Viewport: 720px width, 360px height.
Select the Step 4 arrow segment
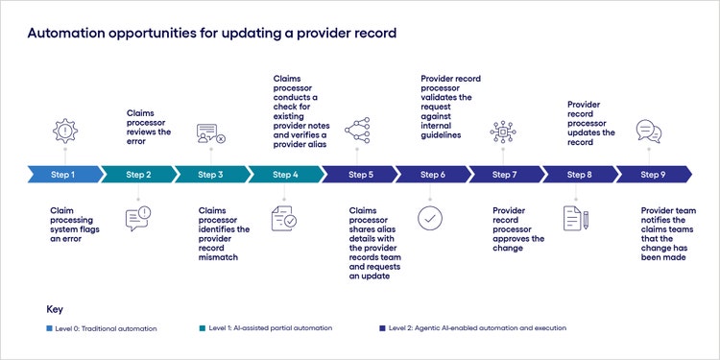[285, 175]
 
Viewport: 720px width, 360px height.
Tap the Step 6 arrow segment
[432, 175]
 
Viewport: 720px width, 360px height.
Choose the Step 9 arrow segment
[653, 175]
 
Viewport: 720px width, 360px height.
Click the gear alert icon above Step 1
[63, 132]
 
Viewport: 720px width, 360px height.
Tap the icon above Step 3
[210, 134]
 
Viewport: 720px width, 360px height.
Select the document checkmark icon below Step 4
[285, 218]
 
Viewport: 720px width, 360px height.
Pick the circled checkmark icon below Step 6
[432, 218]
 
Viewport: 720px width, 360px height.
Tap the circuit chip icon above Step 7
[504, 132]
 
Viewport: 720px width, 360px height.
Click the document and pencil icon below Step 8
[577, 218]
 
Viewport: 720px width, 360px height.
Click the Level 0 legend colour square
[50, 328]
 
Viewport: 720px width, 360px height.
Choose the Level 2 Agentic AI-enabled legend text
[477, 328]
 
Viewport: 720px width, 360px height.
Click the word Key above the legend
[55, 309]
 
